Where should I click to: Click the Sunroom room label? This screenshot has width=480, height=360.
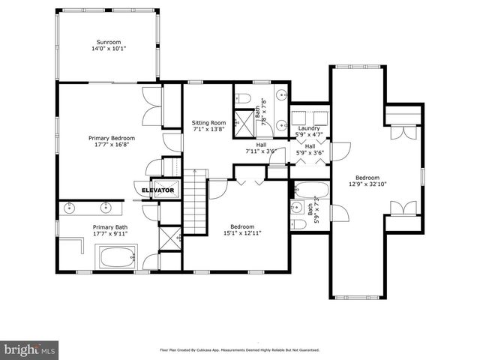108,42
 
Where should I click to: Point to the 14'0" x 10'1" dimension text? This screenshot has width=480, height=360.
108,49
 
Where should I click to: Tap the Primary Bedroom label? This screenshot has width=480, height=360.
111,138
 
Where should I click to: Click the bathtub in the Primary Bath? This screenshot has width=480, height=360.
115,259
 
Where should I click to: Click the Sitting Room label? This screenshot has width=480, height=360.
208,122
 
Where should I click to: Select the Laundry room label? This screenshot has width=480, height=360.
309,128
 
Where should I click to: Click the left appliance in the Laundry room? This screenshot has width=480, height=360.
301,117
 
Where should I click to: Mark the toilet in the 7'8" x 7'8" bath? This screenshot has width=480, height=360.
244,97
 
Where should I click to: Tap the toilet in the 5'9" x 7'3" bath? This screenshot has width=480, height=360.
298,223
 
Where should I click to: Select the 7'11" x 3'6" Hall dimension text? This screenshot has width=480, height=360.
261,151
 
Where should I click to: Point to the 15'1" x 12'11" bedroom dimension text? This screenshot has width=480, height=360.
241,234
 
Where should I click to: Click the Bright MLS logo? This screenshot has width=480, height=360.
30,349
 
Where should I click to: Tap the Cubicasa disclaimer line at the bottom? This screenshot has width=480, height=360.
240,349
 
